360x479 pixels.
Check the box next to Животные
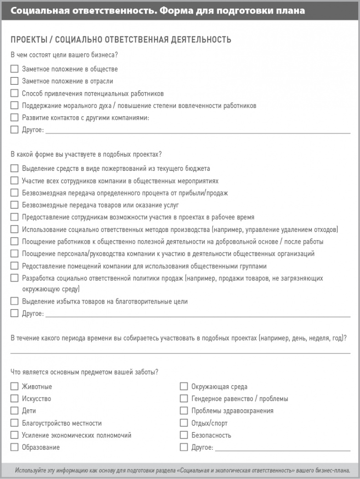14,386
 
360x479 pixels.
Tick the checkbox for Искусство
14,399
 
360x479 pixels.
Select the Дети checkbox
14,411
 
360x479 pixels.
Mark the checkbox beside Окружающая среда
184,386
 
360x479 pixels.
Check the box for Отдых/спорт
184,423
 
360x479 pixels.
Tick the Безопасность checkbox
184,435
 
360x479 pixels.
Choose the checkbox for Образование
14,447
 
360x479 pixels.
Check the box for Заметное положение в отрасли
14,81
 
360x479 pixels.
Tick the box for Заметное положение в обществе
14,69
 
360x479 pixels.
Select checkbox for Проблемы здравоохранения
184,411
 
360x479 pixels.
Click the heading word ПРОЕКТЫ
27,40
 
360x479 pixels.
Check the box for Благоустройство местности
14,423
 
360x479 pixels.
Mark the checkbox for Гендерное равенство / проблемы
184,399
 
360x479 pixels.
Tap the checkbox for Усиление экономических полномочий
14,435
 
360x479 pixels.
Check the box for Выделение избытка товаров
14,301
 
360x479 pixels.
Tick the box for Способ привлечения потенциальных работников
14,93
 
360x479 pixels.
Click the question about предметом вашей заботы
84,372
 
